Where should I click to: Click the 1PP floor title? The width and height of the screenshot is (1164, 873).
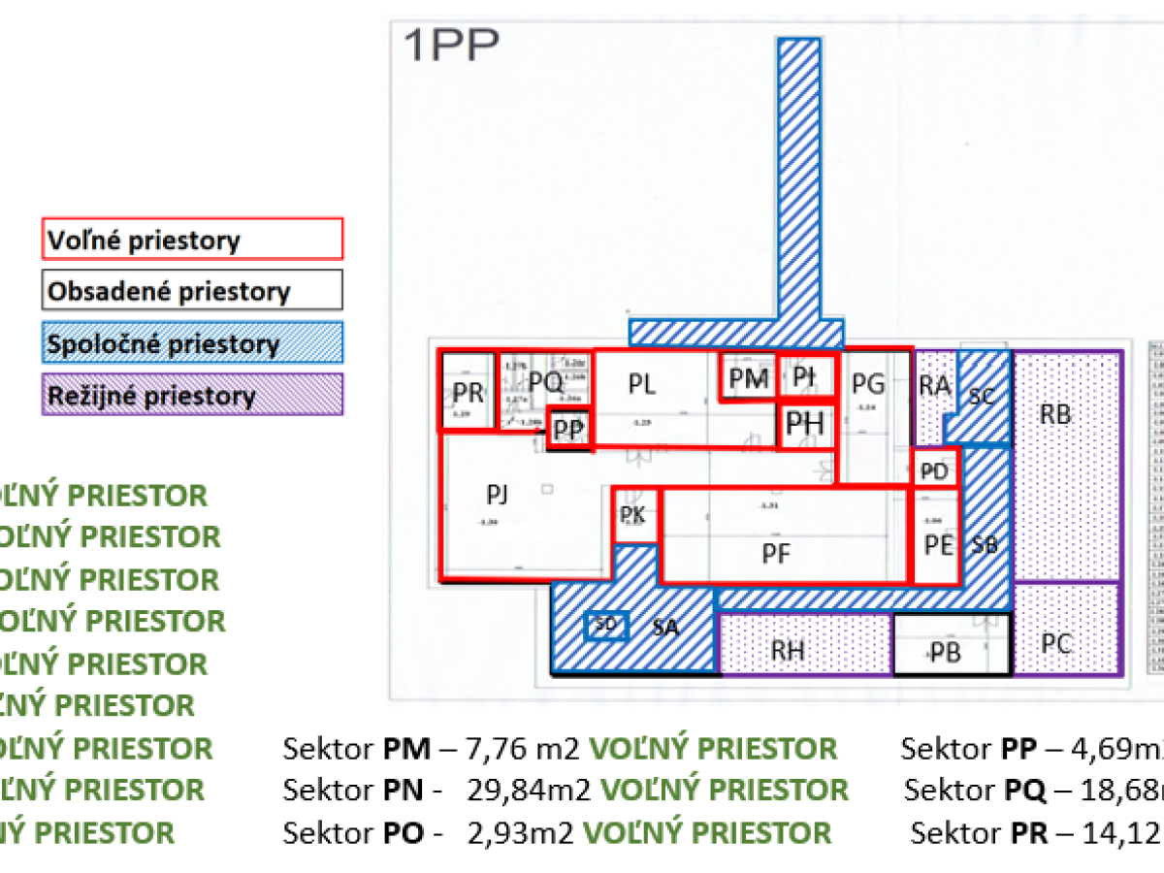450,46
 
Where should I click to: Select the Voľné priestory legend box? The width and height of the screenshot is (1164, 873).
193,239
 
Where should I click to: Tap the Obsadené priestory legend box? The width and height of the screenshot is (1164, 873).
193,291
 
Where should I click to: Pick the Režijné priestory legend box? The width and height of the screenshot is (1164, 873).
193,396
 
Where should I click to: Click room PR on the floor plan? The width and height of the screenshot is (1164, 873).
469,392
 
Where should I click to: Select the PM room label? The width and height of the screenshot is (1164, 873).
748,378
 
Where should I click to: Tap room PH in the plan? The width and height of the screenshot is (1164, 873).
805,425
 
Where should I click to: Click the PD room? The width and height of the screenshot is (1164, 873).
935,471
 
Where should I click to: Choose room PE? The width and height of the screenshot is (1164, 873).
937,544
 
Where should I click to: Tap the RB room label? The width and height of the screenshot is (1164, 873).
1055,415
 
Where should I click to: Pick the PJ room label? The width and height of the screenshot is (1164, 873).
498,497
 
